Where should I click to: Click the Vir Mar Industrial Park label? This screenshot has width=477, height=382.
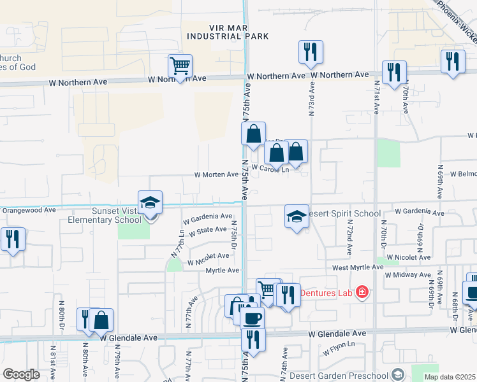tap(228, 32)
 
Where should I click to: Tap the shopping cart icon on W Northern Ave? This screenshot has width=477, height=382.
tap(180, 66)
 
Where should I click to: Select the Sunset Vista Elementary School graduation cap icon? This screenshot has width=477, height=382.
tap(150, 203)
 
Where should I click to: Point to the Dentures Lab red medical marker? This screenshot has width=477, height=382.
tap(362, 292)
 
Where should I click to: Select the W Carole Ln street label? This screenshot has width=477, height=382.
tap(270, 169)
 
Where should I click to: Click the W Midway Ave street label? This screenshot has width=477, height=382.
tap(407, 274)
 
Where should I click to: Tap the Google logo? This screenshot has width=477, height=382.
tap(21, 374)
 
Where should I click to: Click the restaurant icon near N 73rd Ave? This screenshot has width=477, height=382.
tap(311, 53)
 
